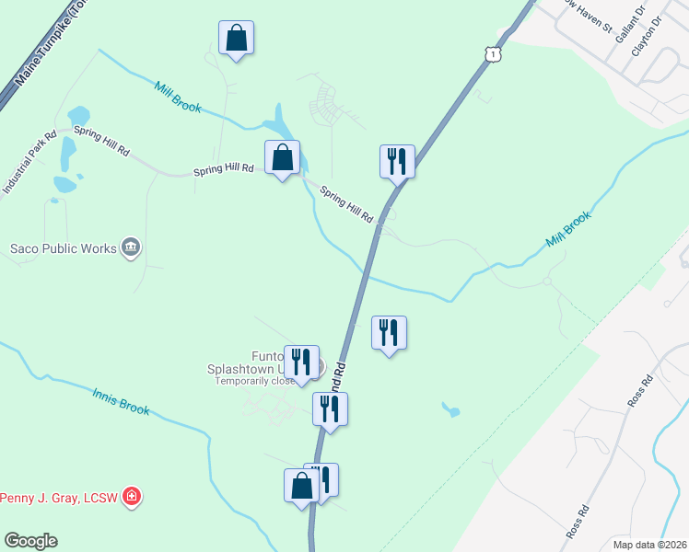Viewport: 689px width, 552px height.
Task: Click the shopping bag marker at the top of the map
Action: point(237,39)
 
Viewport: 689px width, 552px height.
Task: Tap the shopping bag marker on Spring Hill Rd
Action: point(283,157)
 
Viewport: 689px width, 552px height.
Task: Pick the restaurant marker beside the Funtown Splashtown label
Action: point(301,362)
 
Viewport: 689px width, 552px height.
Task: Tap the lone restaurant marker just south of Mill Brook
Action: point(389,333)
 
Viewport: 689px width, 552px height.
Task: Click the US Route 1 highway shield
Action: point(495,55)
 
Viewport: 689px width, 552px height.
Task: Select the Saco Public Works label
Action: point(64,248)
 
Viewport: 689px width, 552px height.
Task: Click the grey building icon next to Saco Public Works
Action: point(131,247)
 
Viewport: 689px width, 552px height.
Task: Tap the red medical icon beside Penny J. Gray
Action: point(133,498)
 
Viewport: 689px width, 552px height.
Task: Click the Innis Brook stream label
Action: point(121,401)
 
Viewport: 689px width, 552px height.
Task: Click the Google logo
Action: point(30,541)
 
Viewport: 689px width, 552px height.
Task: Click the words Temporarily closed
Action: point(255,381)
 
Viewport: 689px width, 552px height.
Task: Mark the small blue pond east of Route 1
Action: point(450,409)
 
